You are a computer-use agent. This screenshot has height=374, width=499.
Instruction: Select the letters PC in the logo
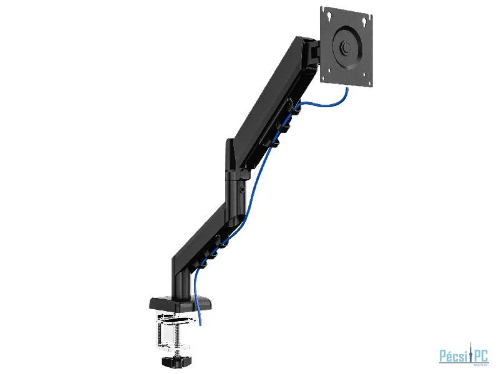click(480, 355)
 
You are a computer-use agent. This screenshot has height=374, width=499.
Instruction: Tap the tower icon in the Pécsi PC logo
click(469, 353)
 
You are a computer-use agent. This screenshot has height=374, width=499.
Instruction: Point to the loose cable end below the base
click(200, 321)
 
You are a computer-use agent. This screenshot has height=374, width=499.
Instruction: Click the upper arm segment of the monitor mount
click(274, 100)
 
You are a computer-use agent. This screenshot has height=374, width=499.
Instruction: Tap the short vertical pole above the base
click(178, 274)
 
